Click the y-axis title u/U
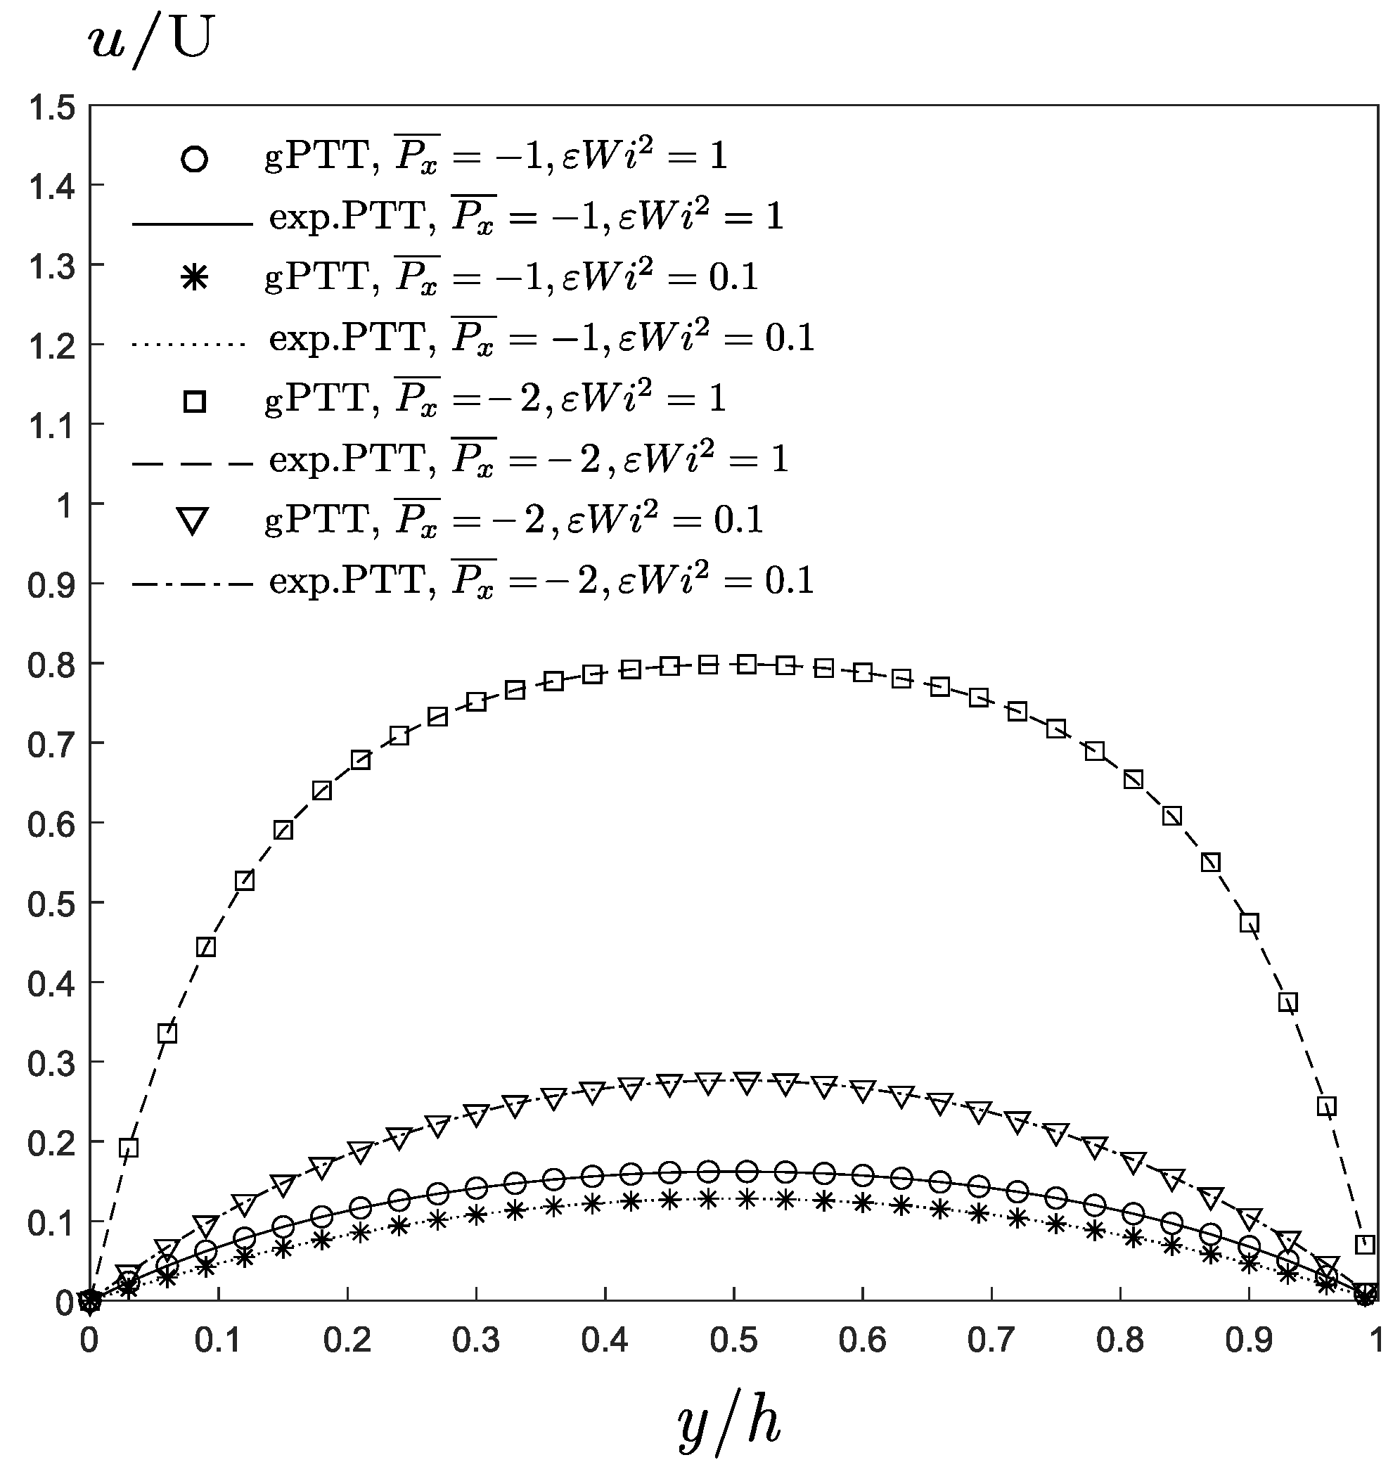click(149, 41)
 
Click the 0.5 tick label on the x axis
click(733, 1341)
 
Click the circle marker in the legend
click(194, 159)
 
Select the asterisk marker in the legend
click(194, 279)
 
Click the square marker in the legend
click(194, 402)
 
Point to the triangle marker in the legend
click(193, 521)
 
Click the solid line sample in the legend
click(193, 222)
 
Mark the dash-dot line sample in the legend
click(193, 584)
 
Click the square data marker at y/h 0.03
click(129, 1148)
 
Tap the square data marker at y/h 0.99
click(1365, 1245)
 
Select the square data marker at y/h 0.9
click(1250, 923)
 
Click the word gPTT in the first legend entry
click(317, 156)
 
